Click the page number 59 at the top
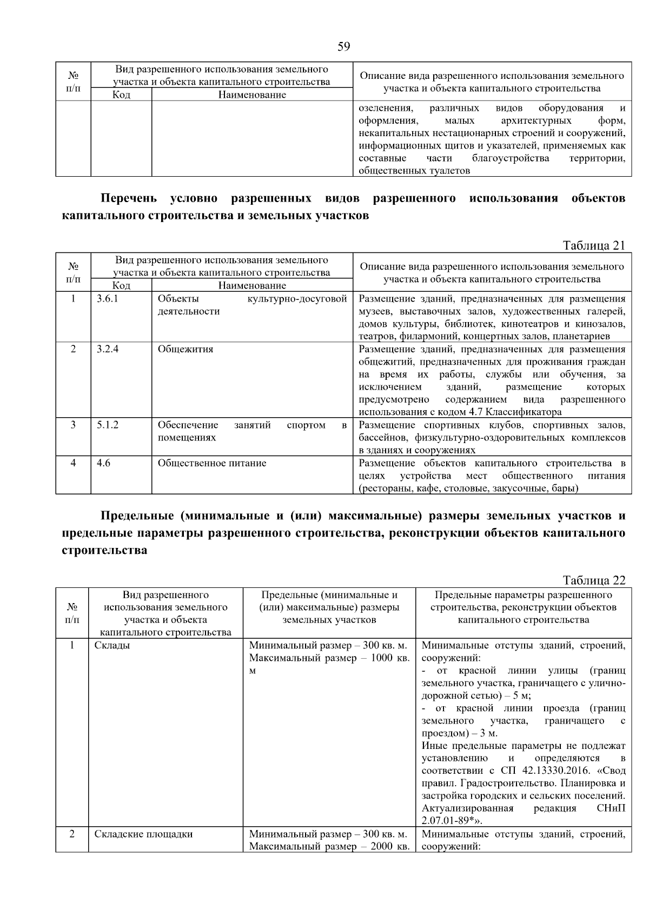[x=343, y=47]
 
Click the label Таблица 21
[x=594, y=246]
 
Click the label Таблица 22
[x=594, y=580]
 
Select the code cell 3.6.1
[x=107, y=299]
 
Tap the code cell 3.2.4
[x=108, y=349]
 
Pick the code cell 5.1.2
[x=108, y=425]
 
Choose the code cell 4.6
[x=103, y=463]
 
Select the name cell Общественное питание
[x=212, y=463]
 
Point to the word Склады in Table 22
[x=112, y=646]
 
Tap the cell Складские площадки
[x=143, y=834]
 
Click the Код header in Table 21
[x=121, y=285]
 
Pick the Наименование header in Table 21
[x=252, y=285]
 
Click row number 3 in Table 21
[x=73, y=425]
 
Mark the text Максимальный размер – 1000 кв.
[x=329, y=658]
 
